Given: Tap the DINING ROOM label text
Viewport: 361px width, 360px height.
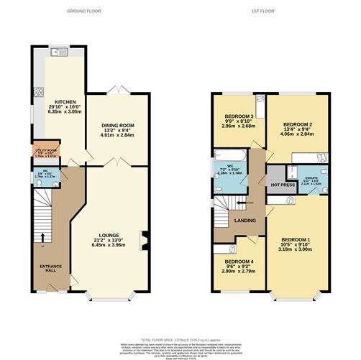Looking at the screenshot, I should pyautogui.click(x=117, y=124).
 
